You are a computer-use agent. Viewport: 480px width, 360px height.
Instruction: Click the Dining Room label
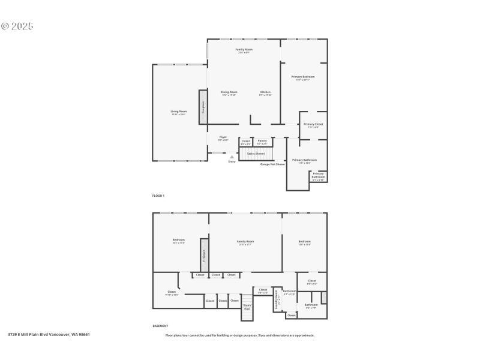click(x=229, y=93)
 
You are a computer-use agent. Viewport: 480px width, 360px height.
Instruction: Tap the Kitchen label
click(x=265, y=93)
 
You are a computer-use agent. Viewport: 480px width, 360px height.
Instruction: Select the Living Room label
click(x=178, y=112)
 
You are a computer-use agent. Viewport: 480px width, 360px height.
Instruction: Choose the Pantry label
click(x=262, y=142)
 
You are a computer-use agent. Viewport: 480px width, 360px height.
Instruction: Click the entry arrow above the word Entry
click(x=232, y=157)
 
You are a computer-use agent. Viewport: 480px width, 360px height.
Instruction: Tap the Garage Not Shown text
click(x=272, y=164)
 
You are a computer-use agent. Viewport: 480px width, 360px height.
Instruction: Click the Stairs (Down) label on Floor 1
click(x=256, y=154)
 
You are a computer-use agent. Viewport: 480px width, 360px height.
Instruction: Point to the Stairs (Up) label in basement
click(x=247, y=307)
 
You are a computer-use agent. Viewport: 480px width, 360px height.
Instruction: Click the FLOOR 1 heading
click(x=158, y=196)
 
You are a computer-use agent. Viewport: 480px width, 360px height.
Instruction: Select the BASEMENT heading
click(x=160, y=326)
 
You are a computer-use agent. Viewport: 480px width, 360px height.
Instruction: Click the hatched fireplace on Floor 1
click(x=203, y=107)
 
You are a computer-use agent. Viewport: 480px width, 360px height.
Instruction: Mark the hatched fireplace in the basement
click(x=204, y=254)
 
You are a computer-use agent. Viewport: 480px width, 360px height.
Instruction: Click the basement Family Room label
click(x=245, y=242)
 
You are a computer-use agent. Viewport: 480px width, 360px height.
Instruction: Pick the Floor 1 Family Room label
click(x=244, y=50)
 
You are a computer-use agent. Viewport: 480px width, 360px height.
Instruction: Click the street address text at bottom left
click(x=49, y=335)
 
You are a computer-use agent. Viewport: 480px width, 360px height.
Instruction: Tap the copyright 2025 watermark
click(x=17, y=26)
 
